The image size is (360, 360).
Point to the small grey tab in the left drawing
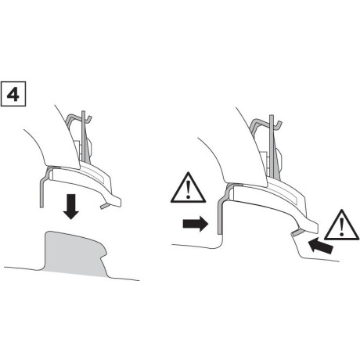click(x=106, y=205)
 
